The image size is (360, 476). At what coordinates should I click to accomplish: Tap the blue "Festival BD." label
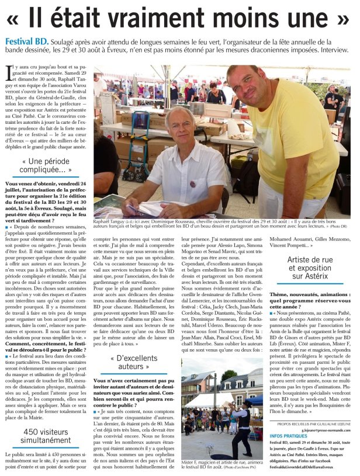25,41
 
